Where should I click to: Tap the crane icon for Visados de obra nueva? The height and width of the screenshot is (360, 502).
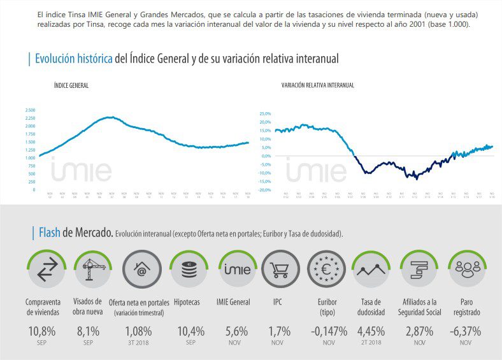click(93, 271)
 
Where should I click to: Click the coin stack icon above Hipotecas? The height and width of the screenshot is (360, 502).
click(189, 271)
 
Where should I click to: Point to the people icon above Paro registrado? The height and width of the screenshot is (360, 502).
click(468, 271)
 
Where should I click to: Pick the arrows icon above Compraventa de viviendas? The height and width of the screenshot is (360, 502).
click(47, 271)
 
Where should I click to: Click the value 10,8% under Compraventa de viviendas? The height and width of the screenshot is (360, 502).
click(42, 331)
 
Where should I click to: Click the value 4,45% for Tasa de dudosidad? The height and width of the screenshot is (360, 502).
click(371, 331)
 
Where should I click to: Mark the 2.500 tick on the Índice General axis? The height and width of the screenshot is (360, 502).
click(30, 110)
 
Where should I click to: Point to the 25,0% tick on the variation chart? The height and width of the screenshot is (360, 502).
click(264, 113)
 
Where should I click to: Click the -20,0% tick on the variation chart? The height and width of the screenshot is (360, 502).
click(264, 190)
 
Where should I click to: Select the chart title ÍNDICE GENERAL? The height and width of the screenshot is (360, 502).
click(71, 85)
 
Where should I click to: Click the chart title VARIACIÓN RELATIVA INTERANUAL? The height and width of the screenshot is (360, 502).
click(317, 85)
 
